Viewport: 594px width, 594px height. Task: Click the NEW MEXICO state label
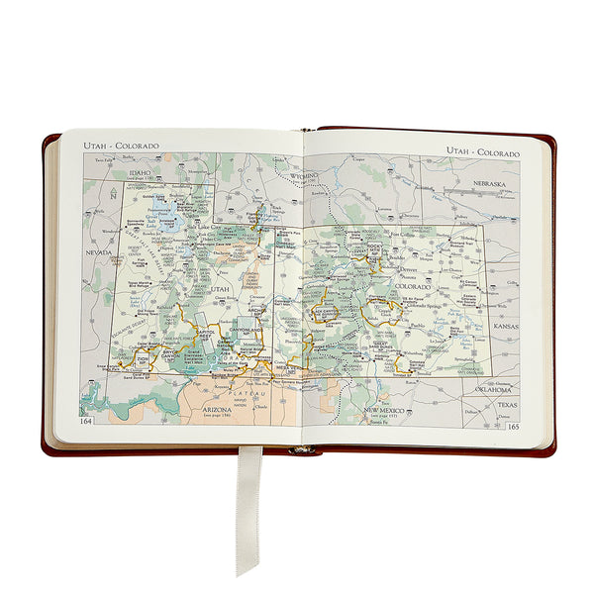coord(385,410)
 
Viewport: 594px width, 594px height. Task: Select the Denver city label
coord(411,267)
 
